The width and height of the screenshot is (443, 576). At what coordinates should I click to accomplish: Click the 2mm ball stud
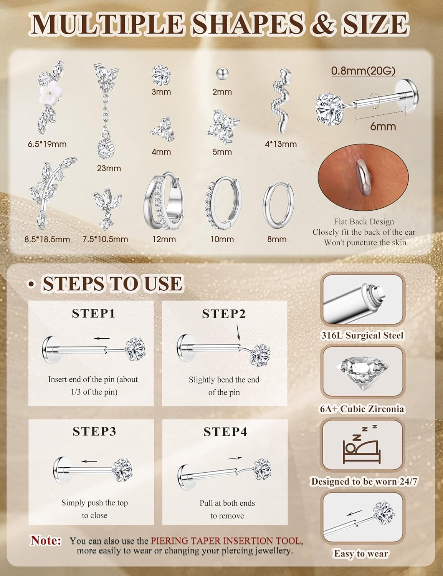coord(222,73)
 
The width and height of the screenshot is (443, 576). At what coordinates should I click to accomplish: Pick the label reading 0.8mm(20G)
coord(363,71)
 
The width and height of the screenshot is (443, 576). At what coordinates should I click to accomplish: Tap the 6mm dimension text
coord(383,126)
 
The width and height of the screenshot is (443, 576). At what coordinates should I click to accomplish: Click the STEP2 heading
coord(224,314)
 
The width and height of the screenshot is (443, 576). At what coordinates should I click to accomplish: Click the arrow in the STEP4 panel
coord(235,458)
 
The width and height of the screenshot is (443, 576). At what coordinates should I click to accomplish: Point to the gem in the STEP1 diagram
coord(136,349)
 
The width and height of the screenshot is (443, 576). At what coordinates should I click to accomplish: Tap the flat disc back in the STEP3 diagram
coord(60,471)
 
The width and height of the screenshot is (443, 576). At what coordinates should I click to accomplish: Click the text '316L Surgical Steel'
coord(362,335)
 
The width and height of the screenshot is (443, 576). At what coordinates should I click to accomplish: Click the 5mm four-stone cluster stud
coord(222,126)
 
